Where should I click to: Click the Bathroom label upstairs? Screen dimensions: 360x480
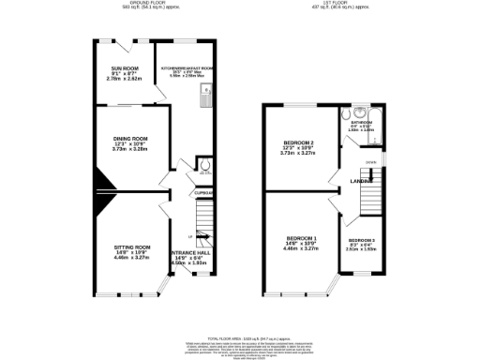click(360, 125)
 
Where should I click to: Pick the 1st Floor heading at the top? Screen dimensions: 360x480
click(360, 5)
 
